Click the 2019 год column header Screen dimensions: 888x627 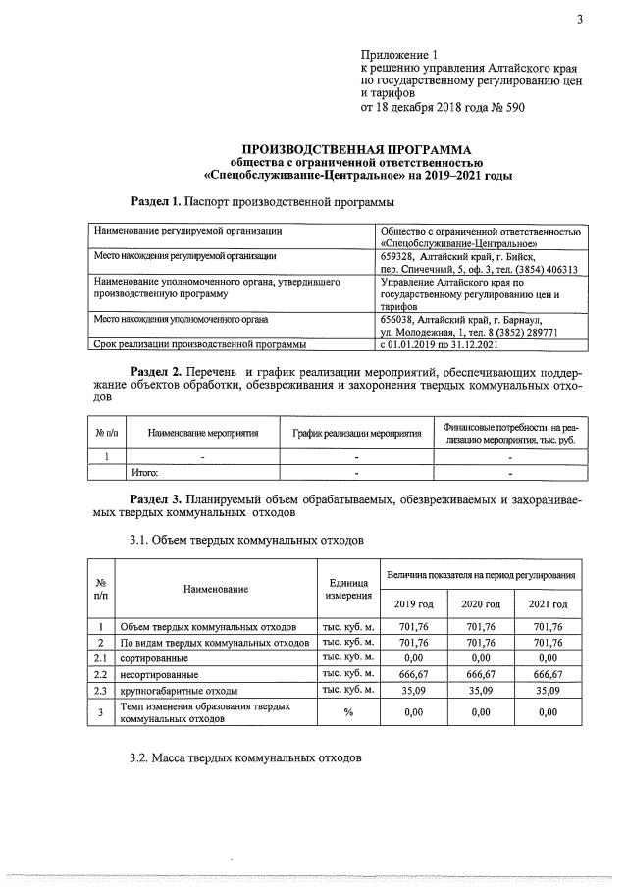(412, 603)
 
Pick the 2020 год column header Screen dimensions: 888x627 (480, 603)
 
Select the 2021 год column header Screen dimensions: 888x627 (548, 603)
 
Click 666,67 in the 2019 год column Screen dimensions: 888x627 (412, 675)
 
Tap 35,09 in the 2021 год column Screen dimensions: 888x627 (548, 691)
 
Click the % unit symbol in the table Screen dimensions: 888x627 (347, 712)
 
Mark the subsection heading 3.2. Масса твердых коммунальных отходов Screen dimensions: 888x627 (246, 758)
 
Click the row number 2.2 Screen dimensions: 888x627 (98, 675)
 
